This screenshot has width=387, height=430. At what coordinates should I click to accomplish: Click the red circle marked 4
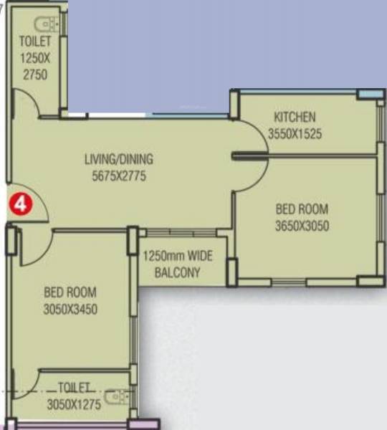[20, 204]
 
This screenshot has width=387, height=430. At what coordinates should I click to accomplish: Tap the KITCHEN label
[294, 117]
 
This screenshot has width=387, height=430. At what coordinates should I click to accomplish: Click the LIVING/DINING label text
[118, 159]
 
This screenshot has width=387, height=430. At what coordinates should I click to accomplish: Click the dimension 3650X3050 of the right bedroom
[302, 226]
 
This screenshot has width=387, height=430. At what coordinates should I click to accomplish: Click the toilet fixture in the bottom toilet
[117, 396]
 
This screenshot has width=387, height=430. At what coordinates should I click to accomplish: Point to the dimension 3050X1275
[75, 404]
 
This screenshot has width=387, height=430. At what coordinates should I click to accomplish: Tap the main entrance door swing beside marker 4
[36, 209]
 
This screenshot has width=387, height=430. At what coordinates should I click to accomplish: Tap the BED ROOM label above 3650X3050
[302, 209]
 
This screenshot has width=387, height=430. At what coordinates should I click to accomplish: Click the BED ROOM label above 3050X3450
[70, 292]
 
